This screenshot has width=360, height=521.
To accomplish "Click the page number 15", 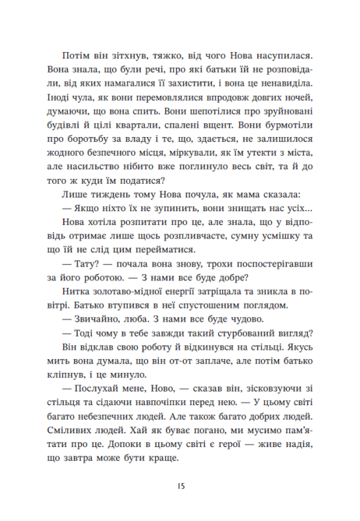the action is (180, 485).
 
